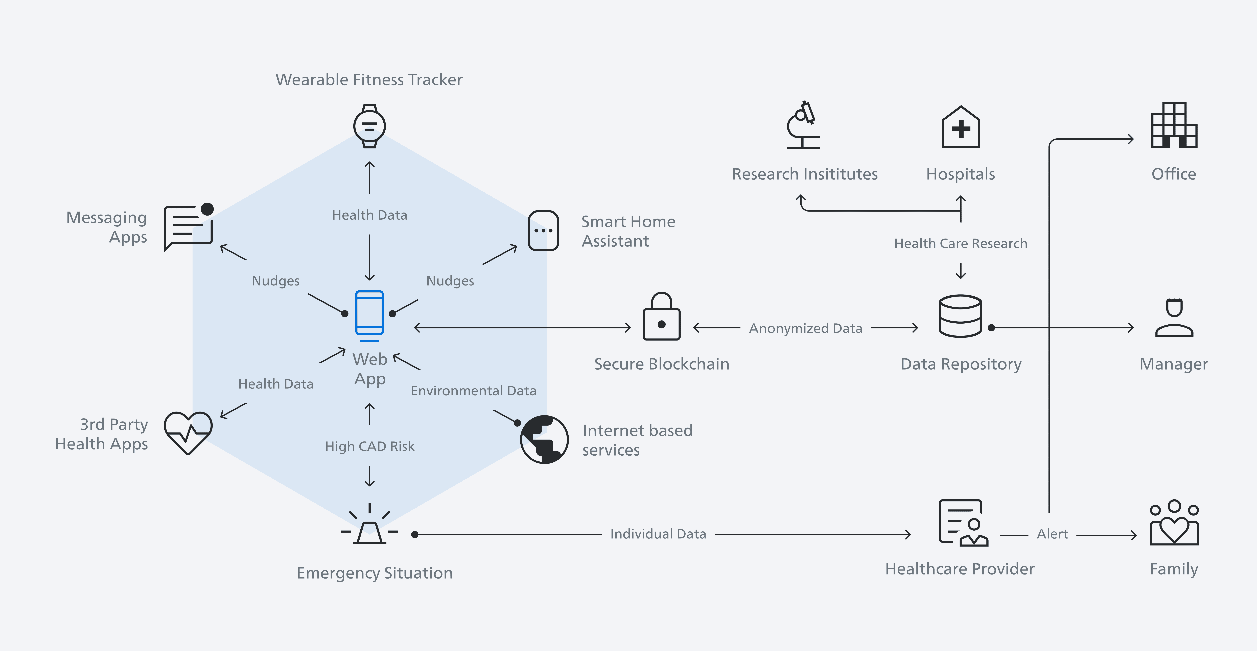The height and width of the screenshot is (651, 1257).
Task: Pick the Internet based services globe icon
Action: coord(544,439)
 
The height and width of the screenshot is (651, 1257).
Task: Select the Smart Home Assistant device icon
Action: coord(543,231)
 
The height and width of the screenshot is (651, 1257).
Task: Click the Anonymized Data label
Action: coord(806,328)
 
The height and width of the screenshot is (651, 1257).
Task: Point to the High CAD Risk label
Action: coord(369,446)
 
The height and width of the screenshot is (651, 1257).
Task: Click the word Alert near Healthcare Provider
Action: coord(1052,534)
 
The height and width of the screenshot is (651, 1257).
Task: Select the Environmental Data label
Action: coord(473,391)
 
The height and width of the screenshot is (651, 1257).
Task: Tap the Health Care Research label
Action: coord(960,243)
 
